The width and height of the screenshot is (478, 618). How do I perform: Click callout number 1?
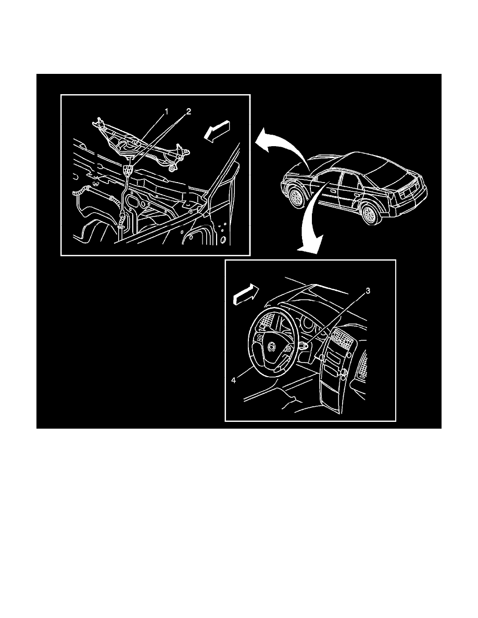click(167, 112)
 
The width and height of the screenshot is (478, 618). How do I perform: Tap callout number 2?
click(188, 112)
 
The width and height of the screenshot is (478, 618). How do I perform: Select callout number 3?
click(368, 291)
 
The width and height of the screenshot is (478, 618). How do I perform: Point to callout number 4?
click(233, 380)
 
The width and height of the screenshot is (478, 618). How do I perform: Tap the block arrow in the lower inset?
click(247, 295)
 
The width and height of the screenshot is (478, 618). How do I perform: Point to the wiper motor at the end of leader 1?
click(131, 140)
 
